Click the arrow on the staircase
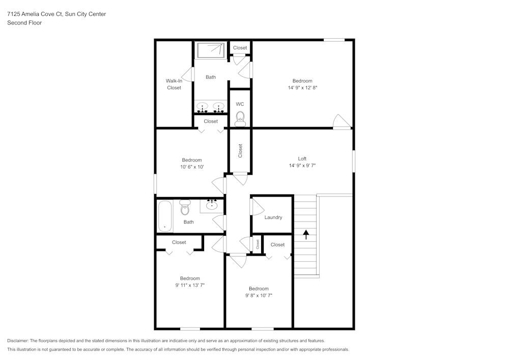306,234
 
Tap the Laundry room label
273,217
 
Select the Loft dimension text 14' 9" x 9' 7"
302,165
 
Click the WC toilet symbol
240,119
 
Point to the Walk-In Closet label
174,84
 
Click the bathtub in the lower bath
165,216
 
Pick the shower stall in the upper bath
210,50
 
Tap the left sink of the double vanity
203,108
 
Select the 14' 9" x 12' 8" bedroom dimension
302,88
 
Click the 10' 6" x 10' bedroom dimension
192,167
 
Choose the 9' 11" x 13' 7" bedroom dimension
190,285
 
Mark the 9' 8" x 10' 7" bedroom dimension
259,295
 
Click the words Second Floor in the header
24,23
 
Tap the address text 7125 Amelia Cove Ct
34,14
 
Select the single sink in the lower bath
212,205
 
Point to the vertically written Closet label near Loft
240,151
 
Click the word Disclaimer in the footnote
18,341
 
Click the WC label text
240,104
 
